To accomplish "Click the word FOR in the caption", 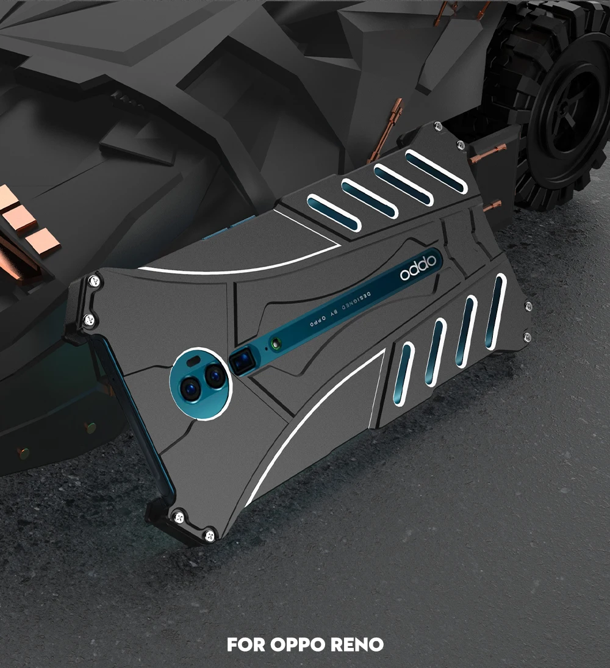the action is click(x=246, y=644).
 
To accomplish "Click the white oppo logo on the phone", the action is click(x=418, y=268).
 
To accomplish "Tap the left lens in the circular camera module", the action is click(x=188, y=389).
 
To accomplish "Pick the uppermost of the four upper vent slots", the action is click(x=436, y=171).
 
